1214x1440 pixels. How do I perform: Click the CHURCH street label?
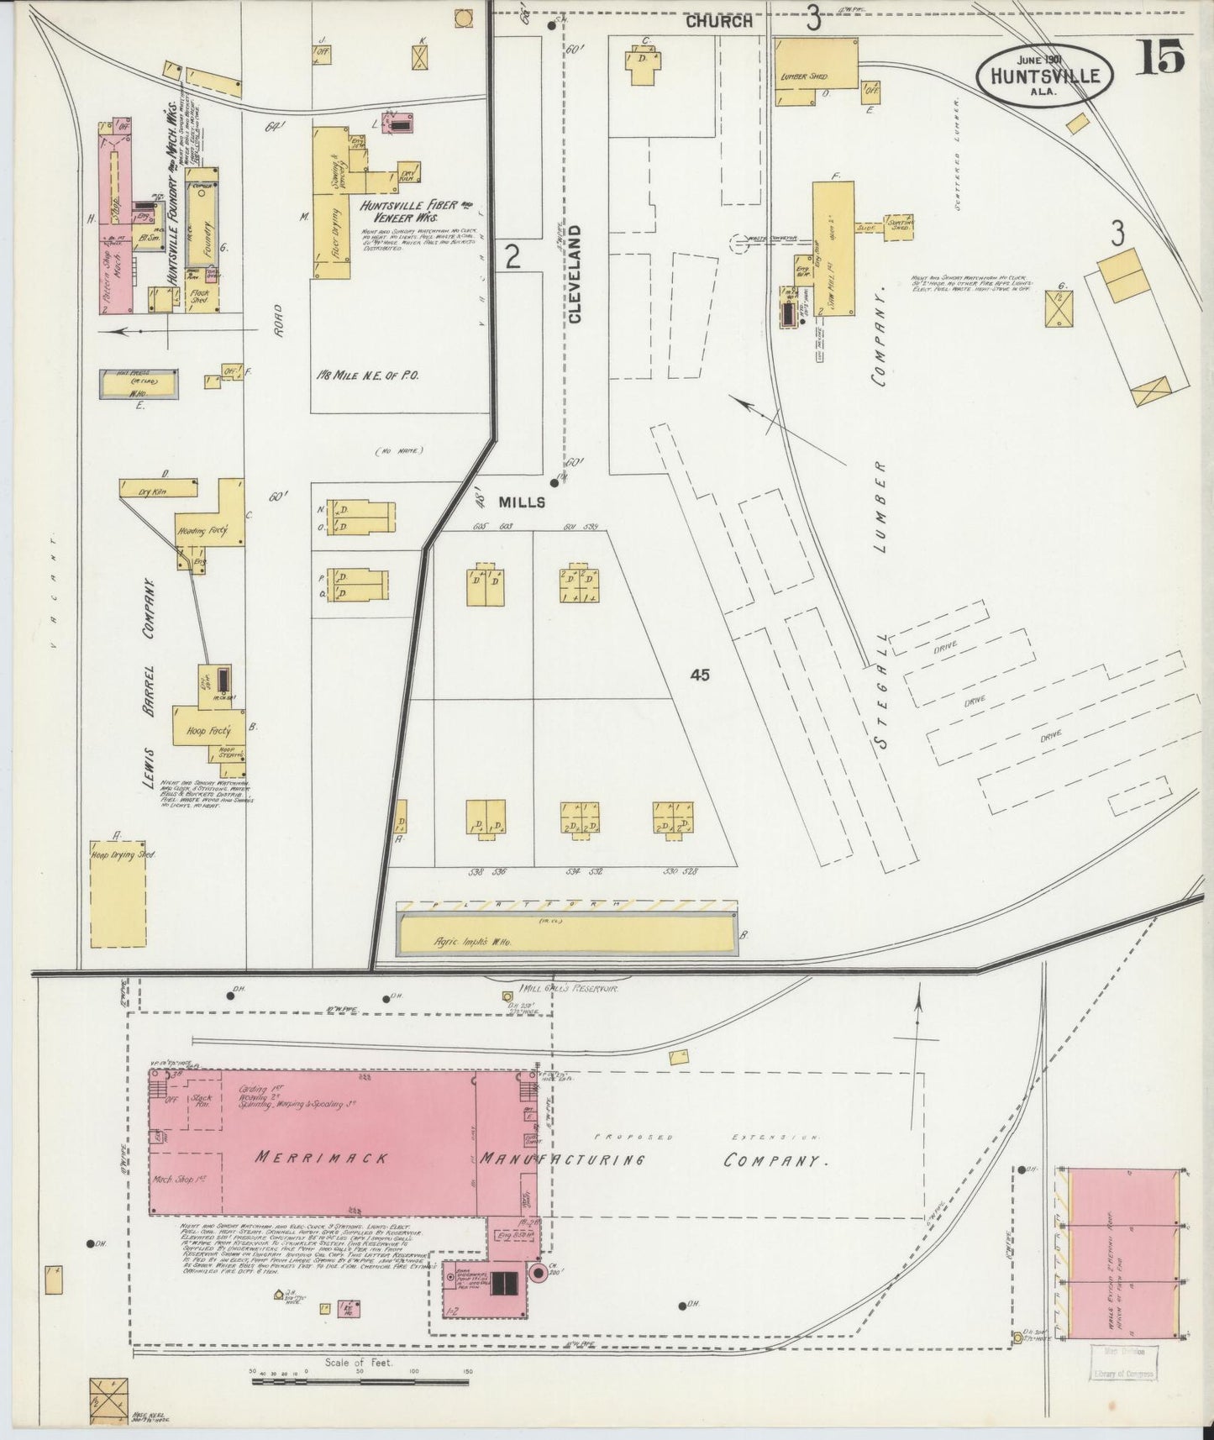[718, 22]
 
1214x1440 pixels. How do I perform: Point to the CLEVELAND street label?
[575, 274]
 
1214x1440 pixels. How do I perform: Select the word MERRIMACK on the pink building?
[323, 1158]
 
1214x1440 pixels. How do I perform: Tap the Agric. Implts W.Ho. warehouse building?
[567, 934]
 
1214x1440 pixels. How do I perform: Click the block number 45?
[700, 675]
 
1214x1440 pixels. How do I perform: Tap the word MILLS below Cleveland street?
[522, 502]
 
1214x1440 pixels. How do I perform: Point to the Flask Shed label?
[200, 296]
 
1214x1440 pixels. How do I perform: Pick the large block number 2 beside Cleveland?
[512, 257]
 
